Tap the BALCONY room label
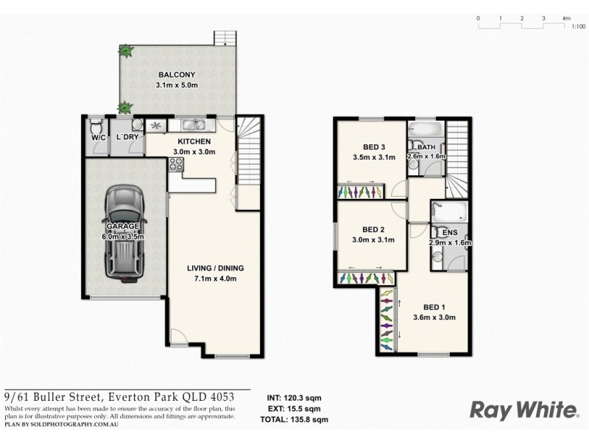[176, 74]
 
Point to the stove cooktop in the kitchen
[175, 165]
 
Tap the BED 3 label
[375, 146]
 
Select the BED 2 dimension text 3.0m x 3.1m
[374, 239]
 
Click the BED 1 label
[434, 307]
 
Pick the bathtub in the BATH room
[426, 130]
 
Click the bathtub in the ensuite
[448, 214]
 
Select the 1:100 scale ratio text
[579, 27]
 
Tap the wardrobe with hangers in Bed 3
[359, 192]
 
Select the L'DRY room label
[127, 137]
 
